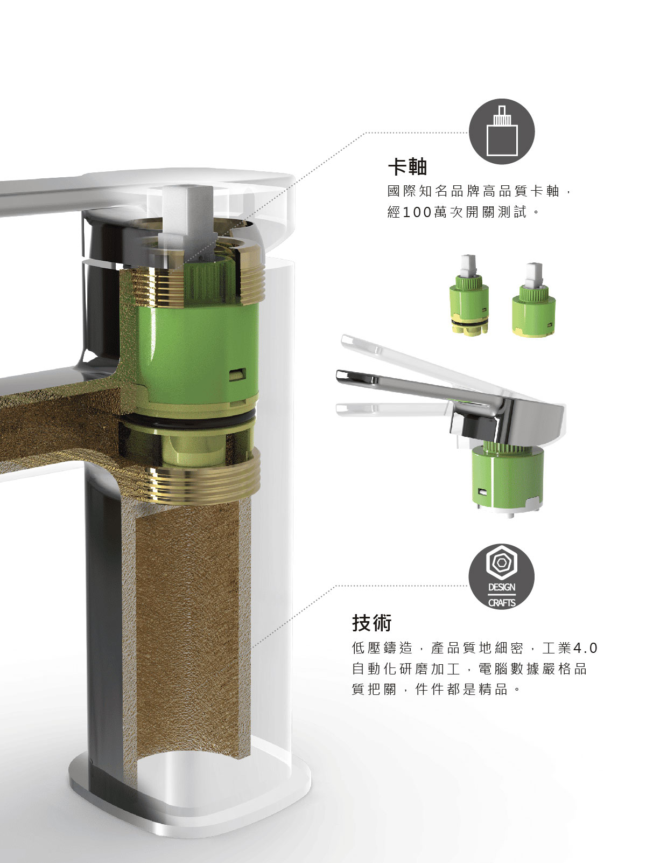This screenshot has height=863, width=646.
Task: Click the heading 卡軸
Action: pyautogui.click(x=407, y=166)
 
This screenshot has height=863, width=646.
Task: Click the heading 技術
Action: pyautogui.click(x=371, y=623)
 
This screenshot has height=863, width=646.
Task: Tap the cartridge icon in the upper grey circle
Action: pyautogui.click(x=502, y=131)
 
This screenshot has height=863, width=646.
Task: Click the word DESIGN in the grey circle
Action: pyautogui.click(x=502, y=587)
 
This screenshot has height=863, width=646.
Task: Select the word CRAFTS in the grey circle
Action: pyautogui.click(x=502, y=603)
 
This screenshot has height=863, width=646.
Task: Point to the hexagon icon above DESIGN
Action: pyautogui.click(x=502, y=562)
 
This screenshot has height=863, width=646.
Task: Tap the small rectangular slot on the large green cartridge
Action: pyautogui.click(x=237, y=374)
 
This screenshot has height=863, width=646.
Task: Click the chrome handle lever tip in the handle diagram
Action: pyautogui.click(x=341, y=375)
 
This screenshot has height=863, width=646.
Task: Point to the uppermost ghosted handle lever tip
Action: pyautogui.click(x=347, y=341)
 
